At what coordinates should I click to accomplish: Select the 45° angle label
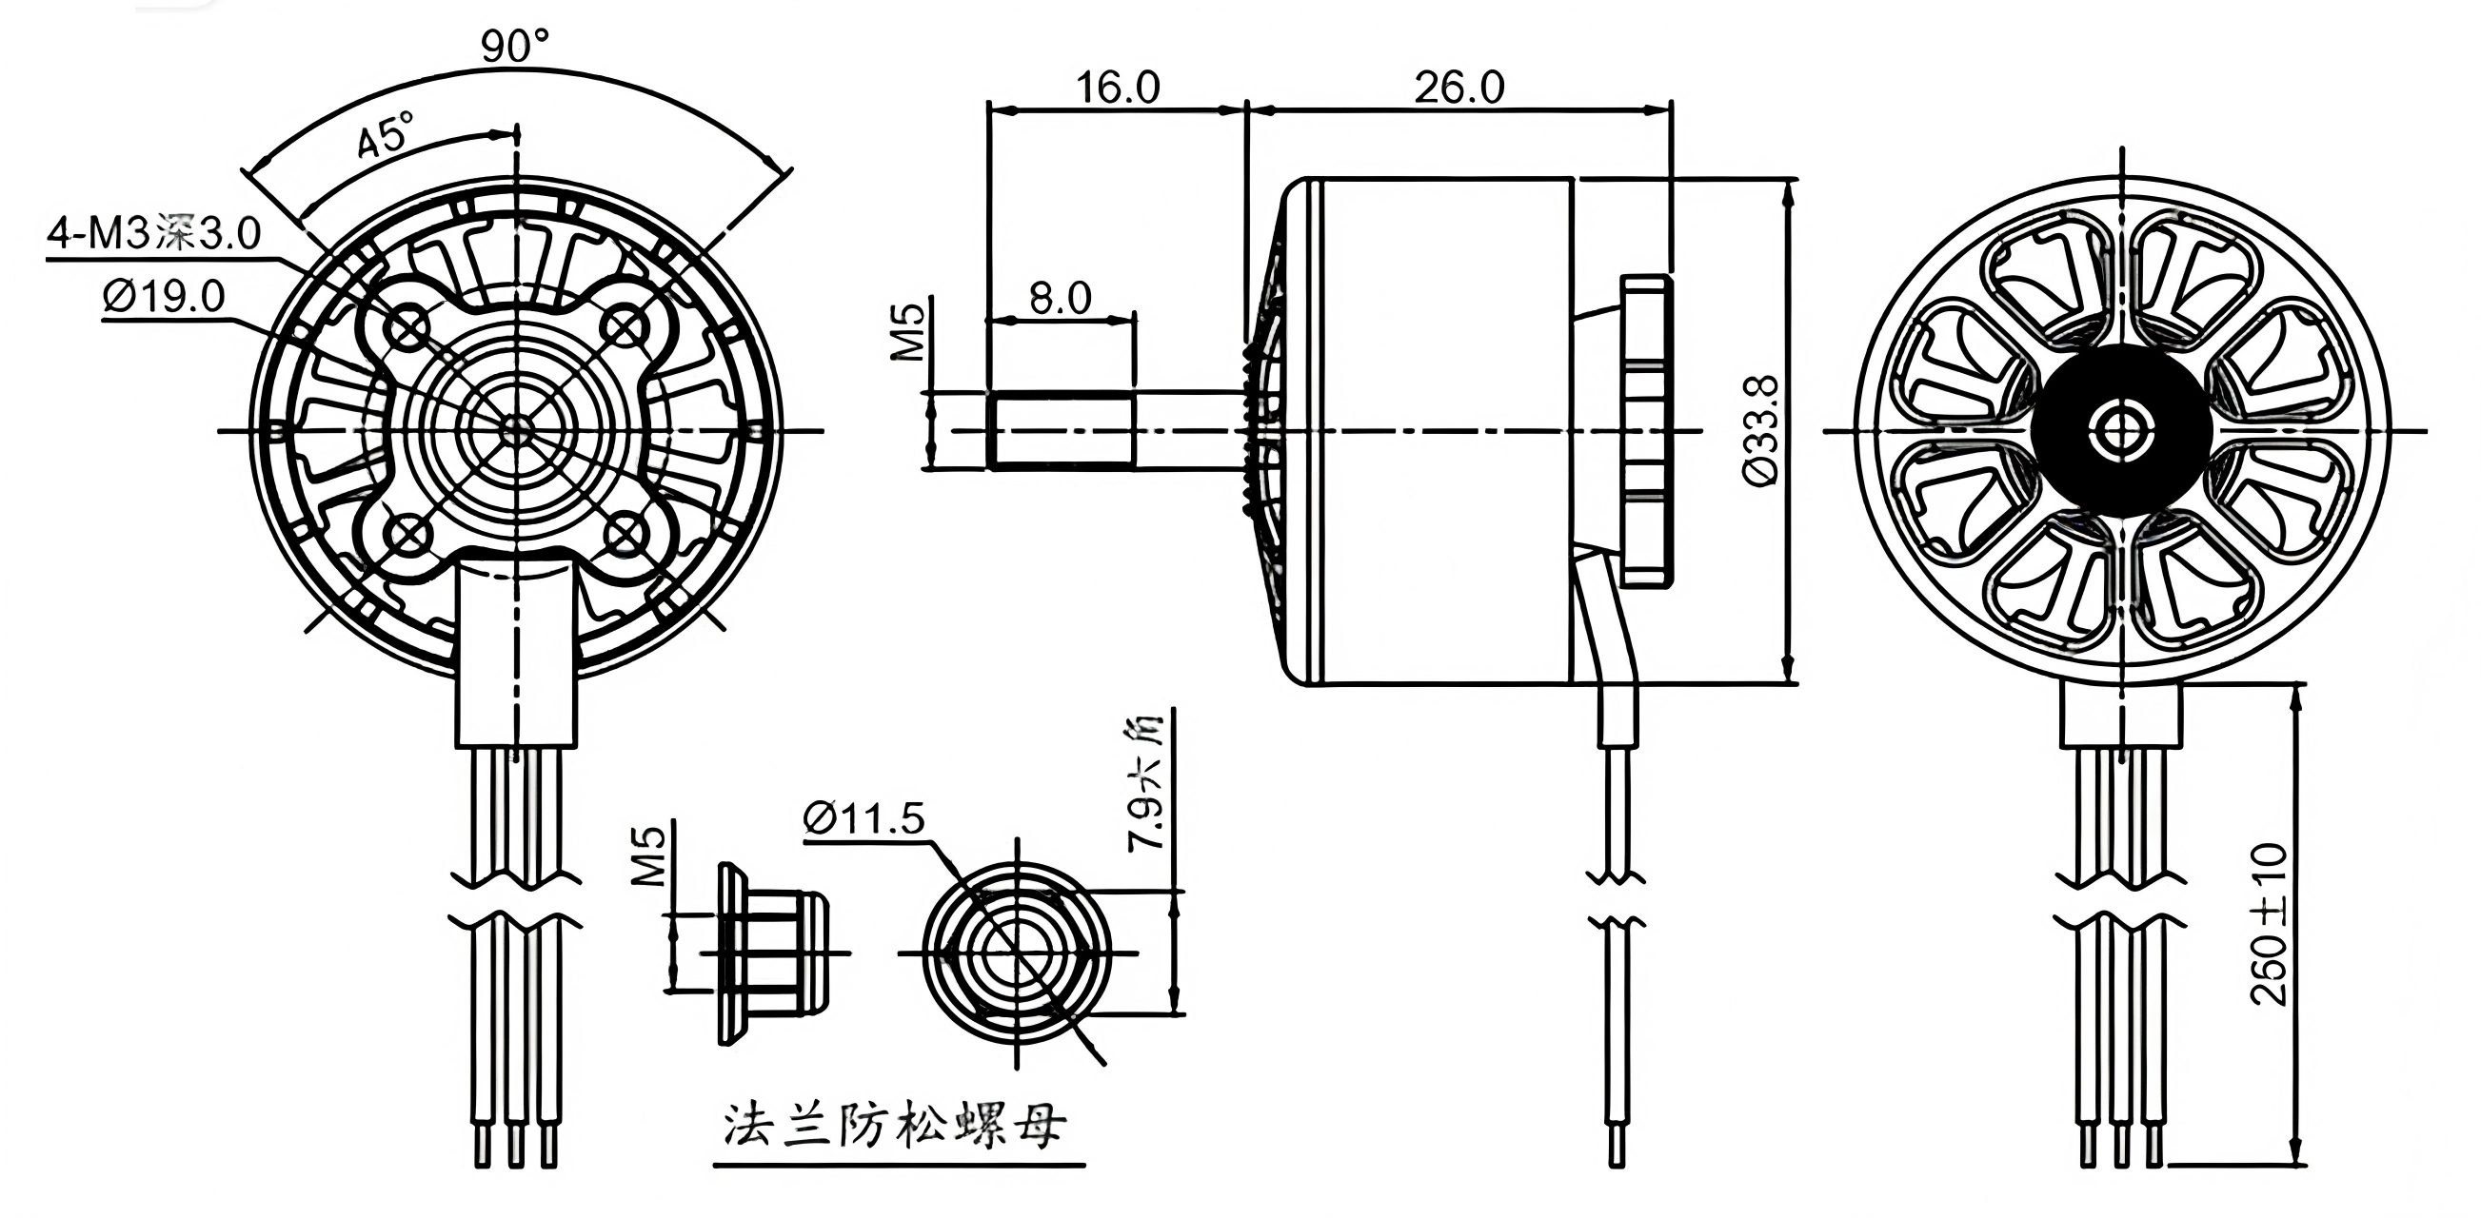(x=385, y=134)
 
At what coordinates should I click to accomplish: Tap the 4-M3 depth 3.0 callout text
(x=154, y=233)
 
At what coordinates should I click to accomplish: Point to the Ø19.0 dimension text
(x=164, y=297)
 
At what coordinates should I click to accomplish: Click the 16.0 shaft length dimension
(x=1118, y=88)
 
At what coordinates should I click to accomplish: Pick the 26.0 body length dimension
(x=1459, y=88)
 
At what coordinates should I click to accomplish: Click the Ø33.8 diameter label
(x=1761, y=430)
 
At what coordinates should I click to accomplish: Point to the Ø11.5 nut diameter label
(x=863, y=818)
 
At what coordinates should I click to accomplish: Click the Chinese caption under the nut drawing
(x=895, y=1125)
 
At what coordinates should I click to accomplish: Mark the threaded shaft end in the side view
(x=1060, y=431)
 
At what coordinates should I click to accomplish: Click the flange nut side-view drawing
(x=770, y=953)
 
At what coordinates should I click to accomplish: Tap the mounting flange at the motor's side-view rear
(x=1645, y=430)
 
